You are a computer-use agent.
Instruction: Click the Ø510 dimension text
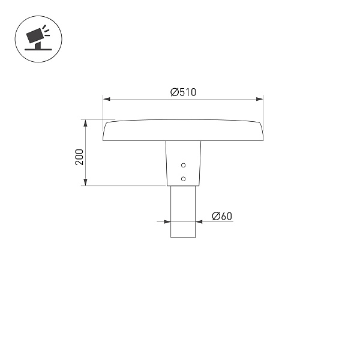(183, 92)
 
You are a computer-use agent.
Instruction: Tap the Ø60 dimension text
(221, 216)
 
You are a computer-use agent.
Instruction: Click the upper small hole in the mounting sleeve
(184, 165)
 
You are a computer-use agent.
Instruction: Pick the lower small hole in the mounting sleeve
(184, 178)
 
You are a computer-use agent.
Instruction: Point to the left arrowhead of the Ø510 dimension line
(106, 98)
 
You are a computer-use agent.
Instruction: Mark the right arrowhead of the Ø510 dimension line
(260, 98)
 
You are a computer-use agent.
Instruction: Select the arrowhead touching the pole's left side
(167, 222)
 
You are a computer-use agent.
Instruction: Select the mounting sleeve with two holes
(183, 163)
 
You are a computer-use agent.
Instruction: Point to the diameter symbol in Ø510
(173, 92)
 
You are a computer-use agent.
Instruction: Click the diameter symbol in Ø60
(215, 216)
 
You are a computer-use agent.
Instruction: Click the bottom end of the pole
(183, 237)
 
